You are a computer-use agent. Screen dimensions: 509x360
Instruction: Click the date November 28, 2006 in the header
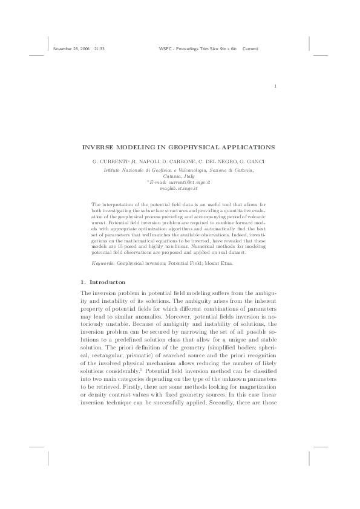(x=71, y=48)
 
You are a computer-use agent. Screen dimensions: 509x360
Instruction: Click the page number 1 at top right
(x=275, y=86)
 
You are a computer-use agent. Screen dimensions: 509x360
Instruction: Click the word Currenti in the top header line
(x=251, y=48)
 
